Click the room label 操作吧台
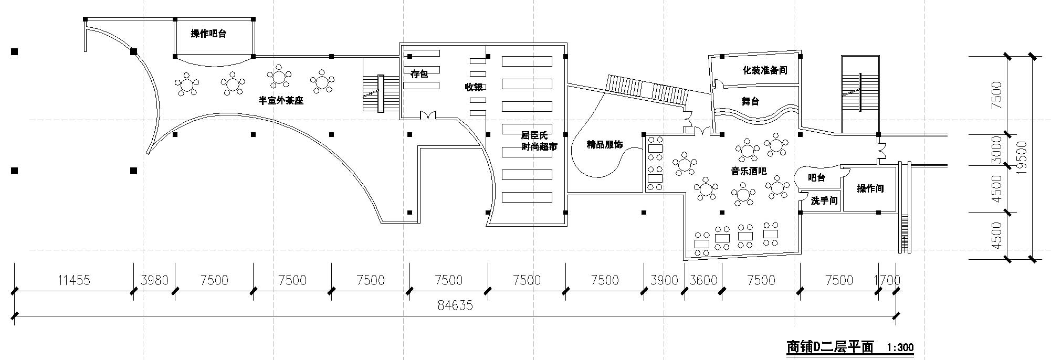[208, 34]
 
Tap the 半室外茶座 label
[281, 100]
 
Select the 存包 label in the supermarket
[419, 74]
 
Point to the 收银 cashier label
[474, 87]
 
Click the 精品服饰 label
[604, 144]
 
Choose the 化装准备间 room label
[764, 70]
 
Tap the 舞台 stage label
[750, 101]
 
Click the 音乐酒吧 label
[749, 171]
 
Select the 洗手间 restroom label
[824, 200]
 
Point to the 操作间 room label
[870, 188]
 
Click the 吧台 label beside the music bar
[816, 178]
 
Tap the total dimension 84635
[455, 305]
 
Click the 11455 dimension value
[73, 280]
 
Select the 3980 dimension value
[154, 280]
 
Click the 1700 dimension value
[887, 280]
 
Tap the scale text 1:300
[900, 347]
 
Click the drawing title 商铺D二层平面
[829, 347]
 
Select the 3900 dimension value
[664, 280]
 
